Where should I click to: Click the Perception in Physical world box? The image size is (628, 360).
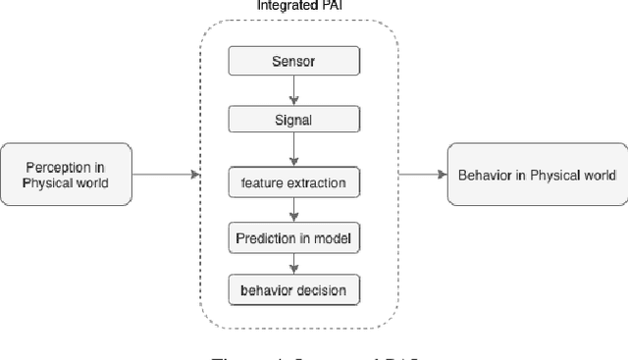click(67, 175)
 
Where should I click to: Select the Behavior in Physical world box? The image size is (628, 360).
click(536, 175)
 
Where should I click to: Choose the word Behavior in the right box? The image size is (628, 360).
click(482, 175)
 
